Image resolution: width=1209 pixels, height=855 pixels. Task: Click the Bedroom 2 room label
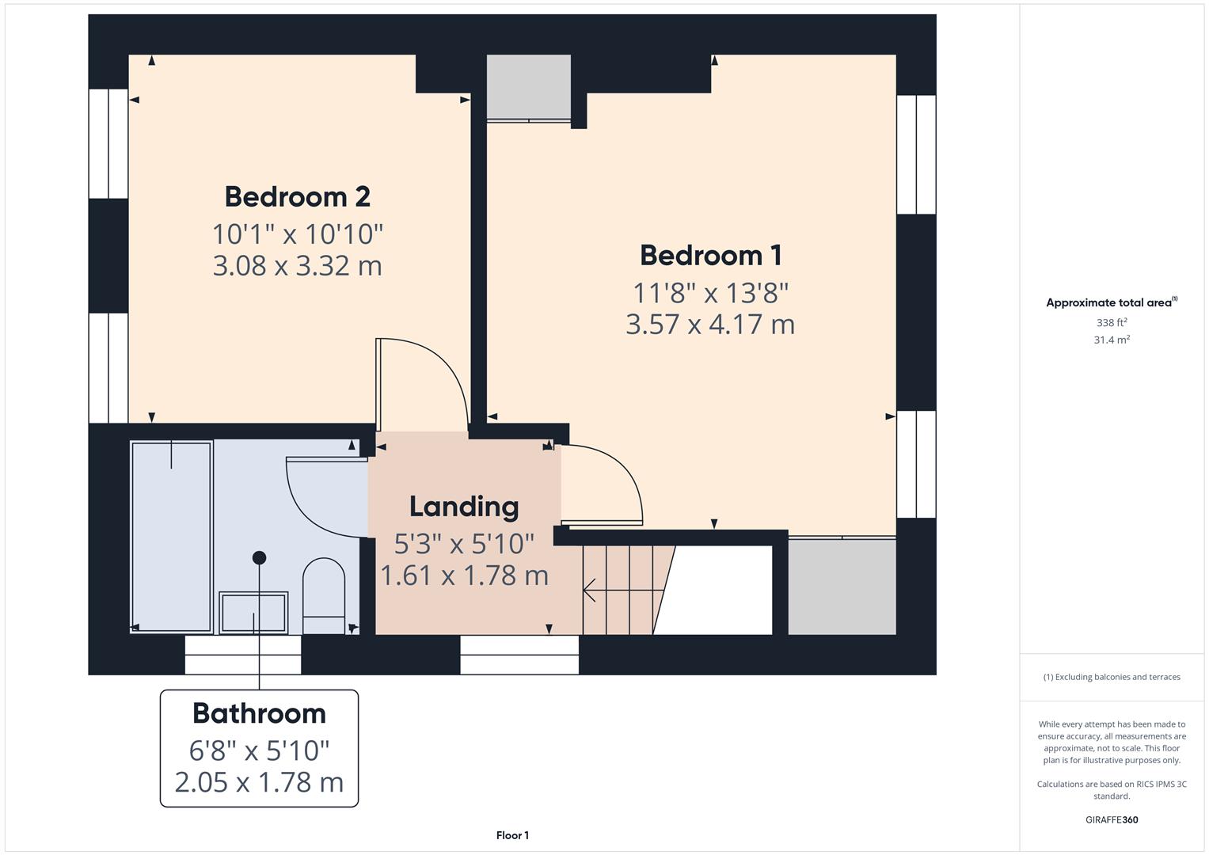[297, 196]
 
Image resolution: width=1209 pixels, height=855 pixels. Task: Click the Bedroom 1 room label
[710, 255]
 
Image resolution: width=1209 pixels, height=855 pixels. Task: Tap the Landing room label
[464, 507]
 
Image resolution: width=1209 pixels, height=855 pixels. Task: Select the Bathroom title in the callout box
[259, 713]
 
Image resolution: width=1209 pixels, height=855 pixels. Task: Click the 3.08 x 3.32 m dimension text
[297, 265]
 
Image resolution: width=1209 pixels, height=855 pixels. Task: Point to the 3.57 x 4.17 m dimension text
[710, 325]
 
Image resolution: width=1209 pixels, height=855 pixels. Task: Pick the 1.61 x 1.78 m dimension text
[464, 576]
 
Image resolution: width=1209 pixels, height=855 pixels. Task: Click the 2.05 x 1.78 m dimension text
[259, 782]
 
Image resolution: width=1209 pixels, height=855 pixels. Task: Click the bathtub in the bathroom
[172, 537]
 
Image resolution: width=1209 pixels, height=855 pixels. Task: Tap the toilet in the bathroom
[324, 595]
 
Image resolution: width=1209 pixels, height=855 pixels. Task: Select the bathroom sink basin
[253, 612]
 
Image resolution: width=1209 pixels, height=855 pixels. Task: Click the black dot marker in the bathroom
[259, 558]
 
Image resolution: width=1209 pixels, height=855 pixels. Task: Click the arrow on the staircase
[590, 590]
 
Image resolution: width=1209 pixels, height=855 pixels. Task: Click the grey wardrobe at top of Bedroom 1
[528, 87]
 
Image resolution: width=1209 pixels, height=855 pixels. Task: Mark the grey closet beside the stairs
[842, 587]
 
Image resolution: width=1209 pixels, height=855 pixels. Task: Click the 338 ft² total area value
[1111, 323]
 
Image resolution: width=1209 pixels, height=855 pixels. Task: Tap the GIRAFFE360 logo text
[1111, 819]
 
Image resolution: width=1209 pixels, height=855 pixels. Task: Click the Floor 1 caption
[512, 835]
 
